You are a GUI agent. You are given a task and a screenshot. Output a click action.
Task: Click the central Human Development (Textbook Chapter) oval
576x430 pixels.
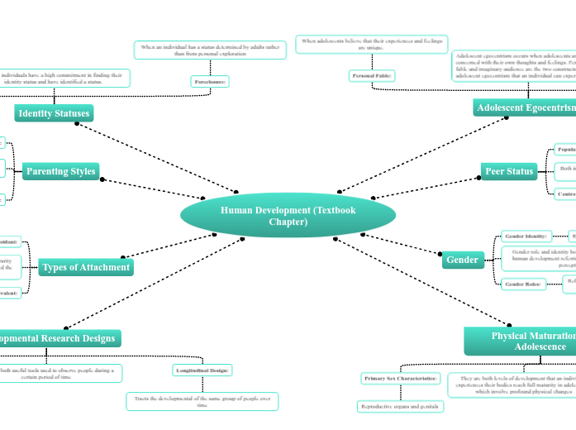click(x=288, y=216)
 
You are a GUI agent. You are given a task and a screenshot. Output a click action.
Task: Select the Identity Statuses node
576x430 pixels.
click(x=54, y=113)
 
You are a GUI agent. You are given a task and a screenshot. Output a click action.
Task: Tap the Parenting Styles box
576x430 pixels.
click(x=61, y=172)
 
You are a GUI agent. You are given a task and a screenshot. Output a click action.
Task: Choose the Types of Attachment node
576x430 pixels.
click(x=86, y=267)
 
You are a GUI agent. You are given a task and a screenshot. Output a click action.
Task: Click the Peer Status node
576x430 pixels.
click(x=509, y=171)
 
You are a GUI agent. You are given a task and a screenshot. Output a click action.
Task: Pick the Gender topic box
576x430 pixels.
click(x=462, y=260)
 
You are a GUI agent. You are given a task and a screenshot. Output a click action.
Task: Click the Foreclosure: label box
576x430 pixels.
click(x=209, y=82)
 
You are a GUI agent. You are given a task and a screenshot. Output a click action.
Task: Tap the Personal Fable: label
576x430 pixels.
click(x=372, y=76)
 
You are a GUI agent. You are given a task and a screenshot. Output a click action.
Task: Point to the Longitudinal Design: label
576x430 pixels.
click(x=203, y=370)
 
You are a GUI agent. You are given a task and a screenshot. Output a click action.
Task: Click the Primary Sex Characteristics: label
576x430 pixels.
click(x=400, y=379)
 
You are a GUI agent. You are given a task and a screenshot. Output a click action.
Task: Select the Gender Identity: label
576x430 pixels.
click(x=526, y=236)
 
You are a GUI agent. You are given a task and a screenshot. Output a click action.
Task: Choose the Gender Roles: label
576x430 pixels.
click(x=522, y=284)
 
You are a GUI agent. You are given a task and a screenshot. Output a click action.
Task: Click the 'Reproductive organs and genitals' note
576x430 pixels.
click(x=400, y=407)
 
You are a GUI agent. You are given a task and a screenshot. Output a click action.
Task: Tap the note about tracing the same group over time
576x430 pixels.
click(x=202, y=401)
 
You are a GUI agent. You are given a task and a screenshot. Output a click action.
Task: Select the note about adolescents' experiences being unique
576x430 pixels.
click(x=371, y=44)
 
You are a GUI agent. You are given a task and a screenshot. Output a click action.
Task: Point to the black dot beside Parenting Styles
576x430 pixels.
click(x=101, y=179)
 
